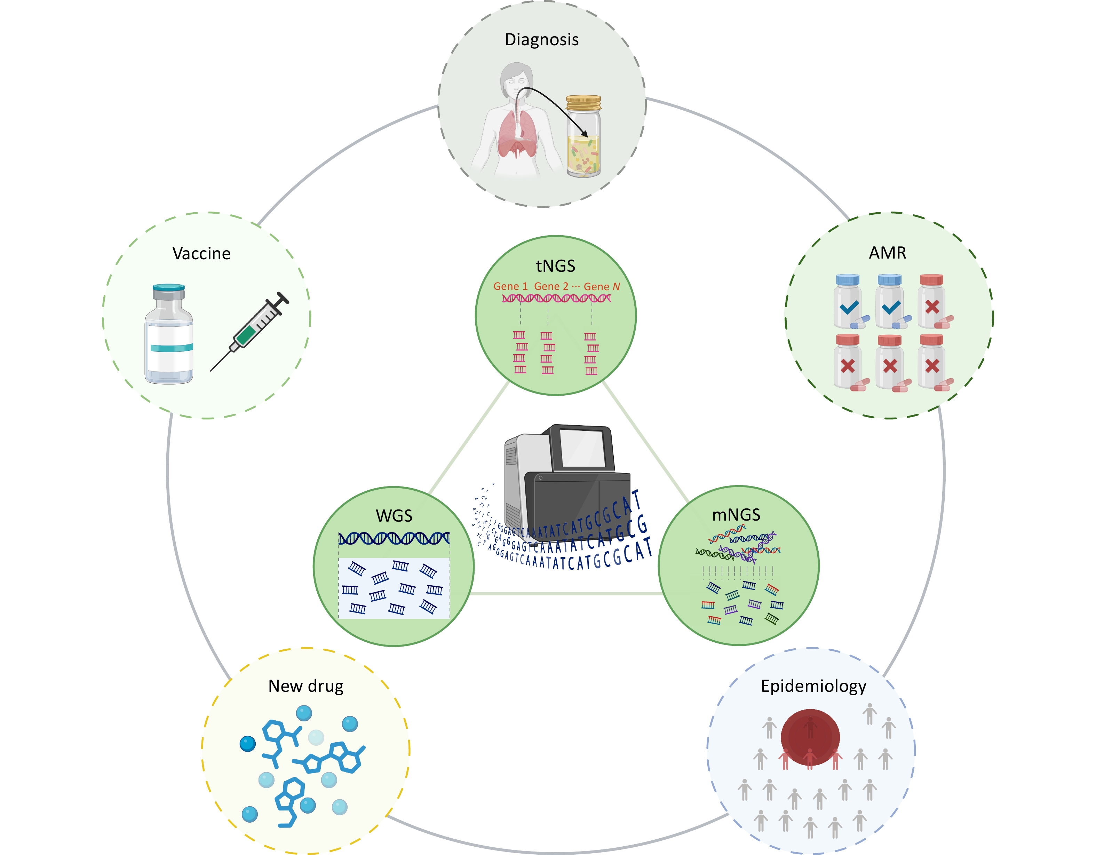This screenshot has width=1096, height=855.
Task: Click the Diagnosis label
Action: point(541,40)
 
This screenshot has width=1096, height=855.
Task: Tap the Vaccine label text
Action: point(201,253)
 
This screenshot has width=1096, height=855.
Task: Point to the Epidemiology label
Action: point(813,686)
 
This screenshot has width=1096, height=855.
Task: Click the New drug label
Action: point(305,686)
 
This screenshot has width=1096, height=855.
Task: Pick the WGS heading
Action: point(394,516)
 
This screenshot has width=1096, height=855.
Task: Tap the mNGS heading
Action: point(736,515)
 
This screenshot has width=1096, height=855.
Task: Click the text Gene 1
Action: point(510,286)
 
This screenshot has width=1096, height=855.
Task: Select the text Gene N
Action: point(602,286)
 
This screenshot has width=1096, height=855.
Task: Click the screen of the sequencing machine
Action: point(583,448)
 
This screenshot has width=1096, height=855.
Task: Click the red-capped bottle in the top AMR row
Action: point(931,301)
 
